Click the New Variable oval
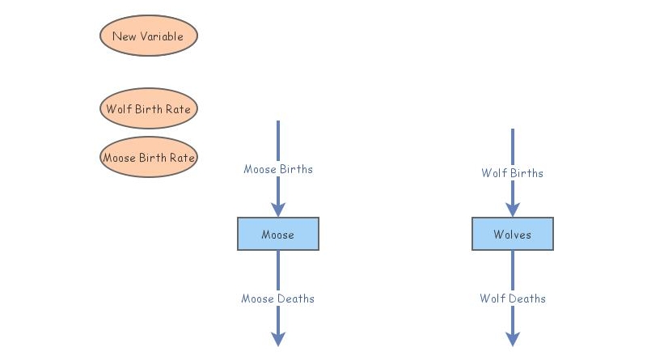tap(148, 36)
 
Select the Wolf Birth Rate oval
tap(148, 108)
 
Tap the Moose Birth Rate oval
tap(148, 158)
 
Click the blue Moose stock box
tap(277, 235)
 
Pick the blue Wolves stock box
tap(513, 235)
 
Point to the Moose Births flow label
tap(278, 169)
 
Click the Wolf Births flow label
tap(513, 173)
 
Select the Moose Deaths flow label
tap(277, 299)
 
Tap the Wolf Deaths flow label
tap(513, 299)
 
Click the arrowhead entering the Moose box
tap(278, 209)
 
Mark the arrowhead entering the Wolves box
tap(513, 209)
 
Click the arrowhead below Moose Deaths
tap(278, 338)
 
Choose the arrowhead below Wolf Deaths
tap(513, 338)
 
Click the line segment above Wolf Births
tap(513, 146)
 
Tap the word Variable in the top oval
tap(164, 36)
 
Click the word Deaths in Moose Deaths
tap(295, 299)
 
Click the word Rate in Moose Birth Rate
tap(182, 158)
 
